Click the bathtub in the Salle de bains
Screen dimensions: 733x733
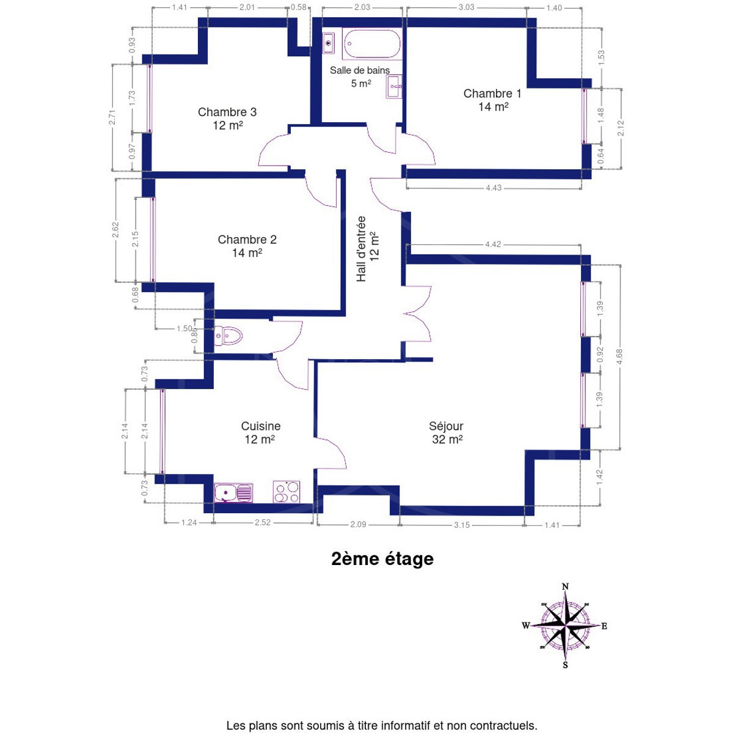371,43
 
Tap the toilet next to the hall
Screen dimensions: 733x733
228,335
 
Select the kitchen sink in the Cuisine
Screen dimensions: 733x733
233,493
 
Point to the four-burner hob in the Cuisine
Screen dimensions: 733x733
286,492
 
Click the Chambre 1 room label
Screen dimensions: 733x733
492,100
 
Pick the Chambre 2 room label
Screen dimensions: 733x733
247,246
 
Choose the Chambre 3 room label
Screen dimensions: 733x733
227,119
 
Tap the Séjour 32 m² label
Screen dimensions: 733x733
447,432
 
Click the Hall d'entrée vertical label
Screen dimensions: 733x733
368,249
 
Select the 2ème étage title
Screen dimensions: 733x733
382,560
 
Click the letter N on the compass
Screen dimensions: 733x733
565,586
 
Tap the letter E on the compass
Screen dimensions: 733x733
604,626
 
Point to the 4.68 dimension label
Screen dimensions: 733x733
619,357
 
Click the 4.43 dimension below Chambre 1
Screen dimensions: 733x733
494,188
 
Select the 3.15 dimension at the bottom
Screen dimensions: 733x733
462,525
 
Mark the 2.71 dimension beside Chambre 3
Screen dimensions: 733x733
112,117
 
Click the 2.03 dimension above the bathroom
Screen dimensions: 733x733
362,7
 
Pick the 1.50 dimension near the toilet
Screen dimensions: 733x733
184,329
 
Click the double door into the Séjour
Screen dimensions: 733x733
417,313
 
